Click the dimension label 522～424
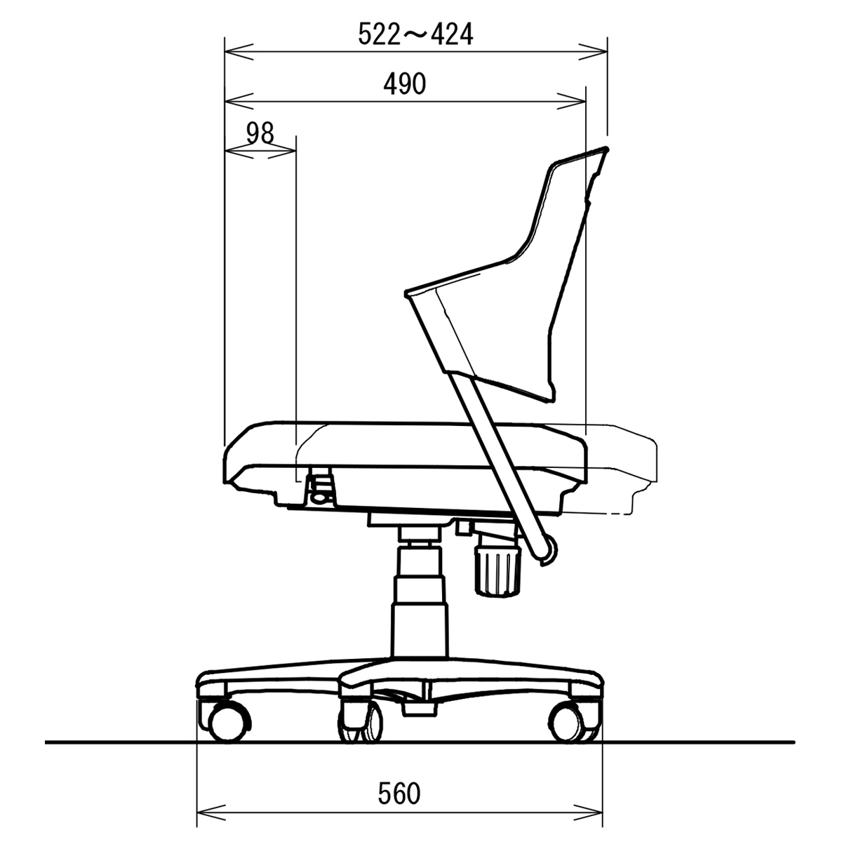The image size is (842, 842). [415, 34]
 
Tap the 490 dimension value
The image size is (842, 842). [405, 84]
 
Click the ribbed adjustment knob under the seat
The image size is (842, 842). [497, 572]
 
